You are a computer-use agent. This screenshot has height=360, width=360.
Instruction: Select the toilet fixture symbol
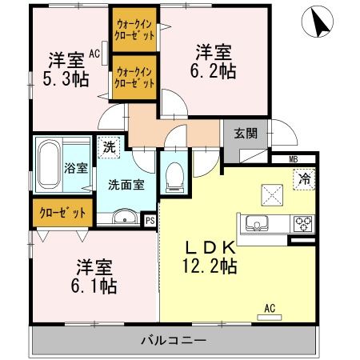tap(174, 175)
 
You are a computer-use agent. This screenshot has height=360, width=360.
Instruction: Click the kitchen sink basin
tap(258, 222)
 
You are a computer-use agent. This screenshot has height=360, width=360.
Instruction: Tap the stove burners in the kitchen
tap(303, 222)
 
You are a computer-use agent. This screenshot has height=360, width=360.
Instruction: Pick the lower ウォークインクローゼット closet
tap(134, 77)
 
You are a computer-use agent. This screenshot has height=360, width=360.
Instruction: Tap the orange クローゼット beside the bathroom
tap(62, 213)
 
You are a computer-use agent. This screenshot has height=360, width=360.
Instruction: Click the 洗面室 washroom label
tap(126, 183)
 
